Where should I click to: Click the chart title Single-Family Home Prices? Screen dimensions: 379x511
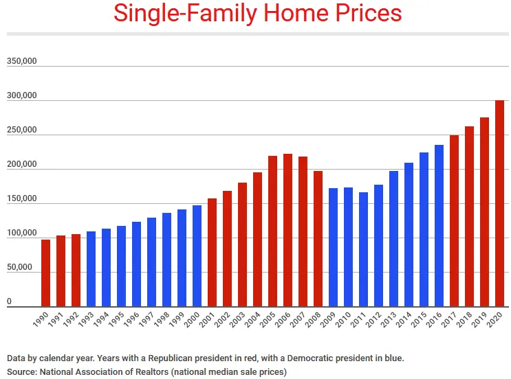click(x=257, y=14)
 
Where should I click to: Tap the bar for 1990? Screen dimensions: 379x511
click(x=45, y=273)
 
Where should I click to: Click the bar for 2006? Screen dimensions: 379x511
click(x=287, y=230)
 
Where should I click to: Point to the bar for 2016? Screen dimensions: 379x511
click(x=439, y=226)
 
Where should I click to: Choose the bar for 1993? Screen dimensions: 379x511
click(x=91, y=269)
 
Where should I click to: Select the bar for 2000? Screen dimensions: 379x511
click(x=197, y=256)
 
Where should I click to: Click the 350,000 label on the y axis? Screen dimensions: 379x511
click(x=21, y=62)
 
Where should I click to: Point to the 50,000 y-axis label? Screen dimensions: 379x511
click(x=21, y=268)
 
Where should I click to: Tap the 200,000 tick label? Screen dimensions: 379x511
click(x=21, y=165)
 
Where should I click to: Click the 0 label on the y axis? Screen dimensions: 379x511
click(x=10, y=301)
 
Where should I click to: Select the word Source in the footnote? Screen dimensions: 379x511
click(x=23, y=372)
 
